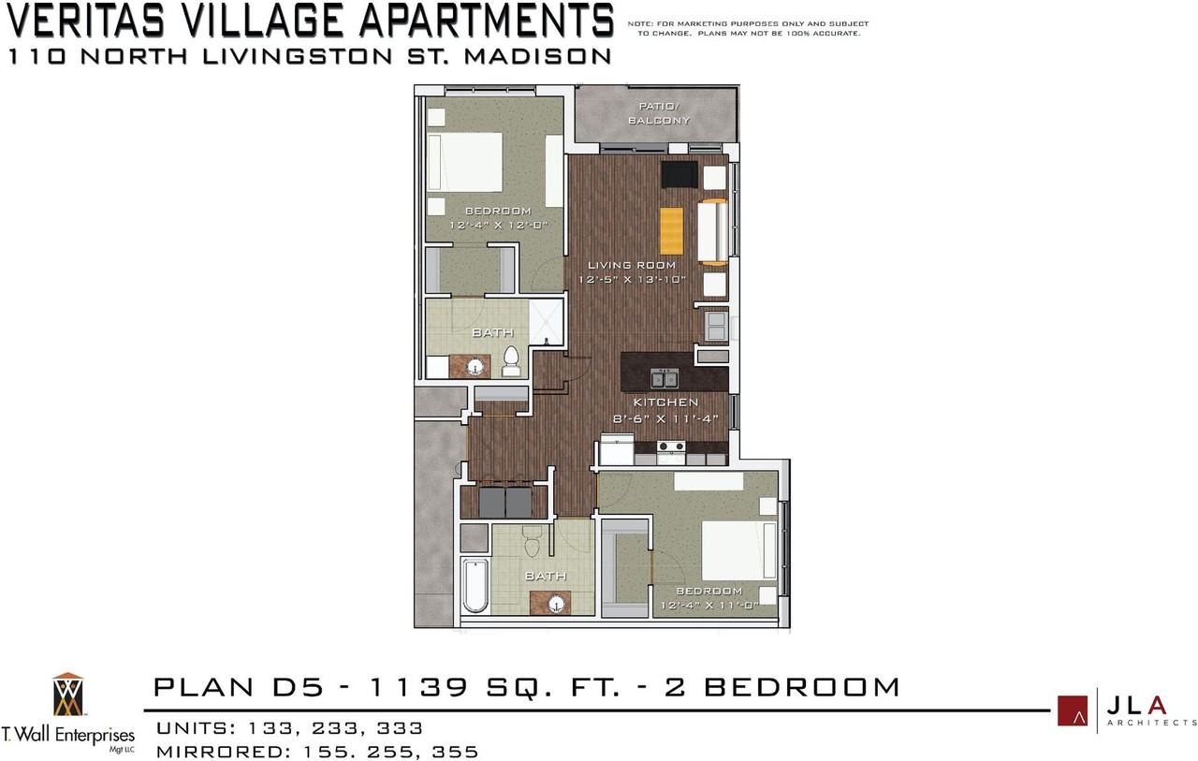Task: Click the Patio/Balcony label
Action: tap(658, 113)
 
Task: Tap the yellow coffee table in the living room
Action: tap(671, 231)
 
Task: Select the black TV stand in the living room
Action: tap(679, 174)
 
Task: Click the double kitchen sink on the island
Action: tap(665, 378)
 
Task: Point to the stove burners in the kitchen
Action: tap(671, 446)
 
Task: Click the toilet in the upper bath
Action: tap(512, 361)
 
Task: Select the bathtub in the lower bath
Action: tap(475, 585)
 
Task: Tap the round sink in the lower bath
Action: tap(557, 605)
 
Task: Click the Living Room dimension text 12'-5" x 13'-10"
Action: tap(632, 279)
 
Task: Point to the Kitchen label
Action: tap(665, 402)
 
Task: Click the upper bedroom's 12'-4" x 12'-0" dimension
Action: tap(499, 226)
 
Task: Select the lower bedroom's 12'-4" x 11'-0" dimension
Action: tap(709, 606)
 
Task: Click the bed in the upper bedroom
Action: tap(465, 162)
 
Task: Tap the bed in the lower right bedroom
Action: tap(739, 550)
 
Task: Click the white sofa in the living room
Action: tap(713, 232)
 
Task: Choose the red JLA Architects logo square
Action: tap(1073, 710)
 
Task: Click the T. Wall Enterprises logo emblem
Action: tap(68, 695)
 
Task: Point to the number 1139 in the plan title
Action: tap(419, 687)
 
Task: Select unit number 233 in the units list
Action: tap(335, 728)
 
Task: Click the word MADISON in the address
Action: tap(537, 56)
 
